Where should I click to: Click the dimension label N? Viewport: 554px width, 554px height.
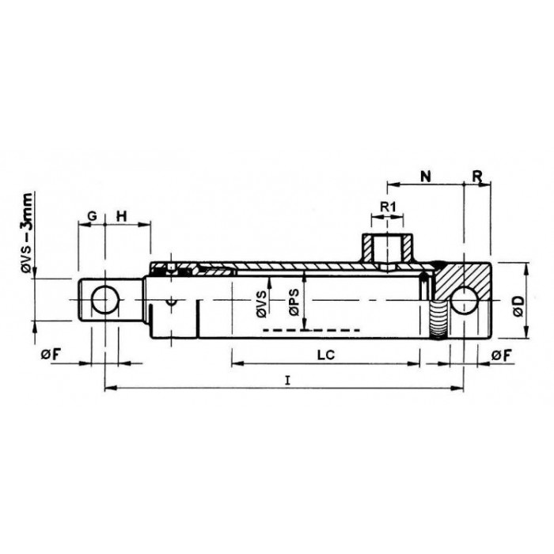426,176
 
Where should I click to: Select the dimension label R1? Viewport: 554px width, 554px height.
388,207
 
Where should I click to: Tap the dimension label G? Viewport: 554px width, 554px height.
92,216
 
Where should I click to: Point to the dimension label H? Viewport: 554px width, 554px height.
122,216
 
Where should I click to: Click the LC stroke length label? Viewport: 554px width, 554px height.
326,355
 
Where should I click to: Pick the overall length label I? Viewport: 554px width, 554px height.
288,381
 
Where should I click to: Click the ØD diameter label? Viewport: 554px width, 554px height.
518,306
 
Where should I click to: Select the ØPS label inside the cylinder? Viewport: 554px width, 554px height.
294,302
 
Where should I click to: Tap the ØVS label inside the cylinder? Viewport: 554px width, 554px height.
262,304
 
